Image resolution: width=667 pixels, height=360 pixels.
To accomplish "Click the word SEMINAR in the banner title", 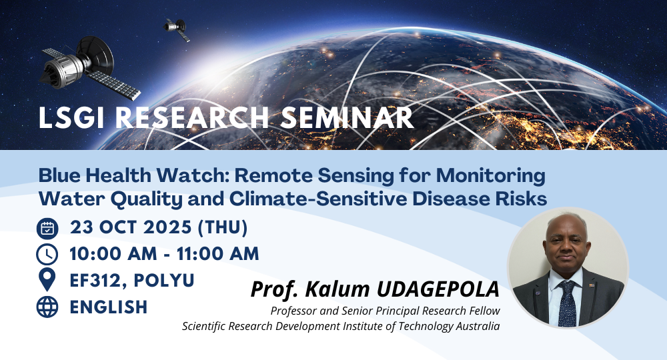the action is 347,117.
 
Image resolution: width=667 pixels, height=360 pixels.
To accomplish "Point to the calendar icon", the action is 47,228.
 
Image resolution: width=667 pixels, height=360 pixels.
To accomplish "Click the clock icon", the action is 47,255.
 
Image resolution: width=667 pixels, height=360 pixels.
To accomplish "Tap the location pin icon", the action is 47,280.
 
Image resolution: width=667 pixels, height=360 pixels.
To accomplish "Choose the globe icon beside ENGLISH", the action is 47,307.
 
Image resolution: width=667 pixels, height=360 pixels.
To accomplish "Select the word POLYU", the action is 164,281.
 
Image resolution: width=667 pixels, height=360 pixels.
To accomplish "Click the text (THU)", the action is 223,227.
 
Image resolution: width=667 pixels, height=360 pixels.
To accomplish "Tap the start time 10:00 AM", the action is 113,254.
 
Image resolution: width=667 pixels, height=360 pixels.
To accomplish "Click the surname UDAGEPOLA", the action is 438,289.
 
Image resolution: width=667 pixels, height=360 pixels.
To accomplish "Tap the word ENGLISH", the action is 109,307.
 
